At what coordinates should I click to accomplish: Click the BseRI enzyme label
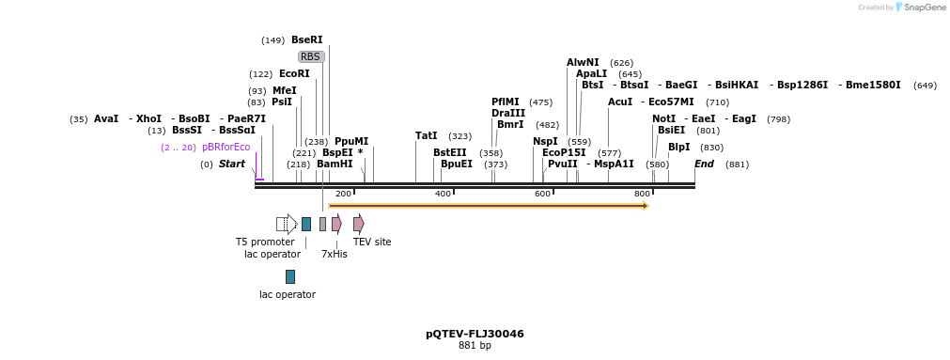pos(306,40)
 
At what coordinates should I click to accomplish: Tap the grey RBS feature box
pos(310,56)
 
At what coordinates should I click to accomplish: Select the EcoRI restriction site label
pos(294,73)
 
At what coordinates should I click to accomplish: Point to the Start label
pos(231,164)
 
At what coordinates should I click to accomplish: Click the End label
pos(704,164)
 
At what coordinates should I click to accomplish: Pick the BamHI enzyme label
pos(335,164)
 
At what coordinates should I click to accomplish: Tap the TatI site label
pos(426,136)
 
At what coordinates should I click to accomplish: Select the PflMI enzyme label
pos(505,102)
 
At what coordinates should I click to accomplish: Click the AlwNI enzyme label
pos(583,63)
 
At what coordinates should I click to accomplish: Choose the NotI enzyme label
pos(663,118)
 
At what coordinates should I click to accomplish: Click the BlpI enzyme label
pos(678,148)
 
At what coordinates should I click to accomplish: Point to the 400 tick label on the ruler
pos(443,194)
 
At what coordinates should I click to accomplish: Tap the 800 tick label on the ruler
pos(642,194)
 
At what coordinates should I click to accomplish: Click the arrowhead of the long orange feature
pos(645,205)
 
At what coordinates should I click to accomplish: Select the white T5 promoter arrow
pos(287,224)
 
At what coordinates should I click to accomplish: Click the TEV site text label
pos(372,243)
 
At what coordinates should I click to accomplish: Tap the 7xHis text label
pos(335,254)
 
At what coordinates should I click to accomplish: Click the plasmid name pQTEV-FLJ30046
pos(475,334)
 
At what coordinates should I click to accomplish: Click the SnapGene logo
pos(921,8)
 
